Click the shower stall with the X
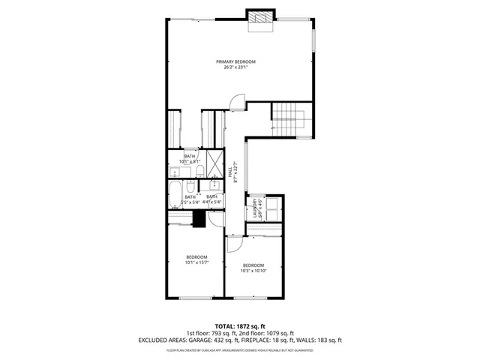(214, 162)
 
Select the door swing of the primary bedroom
(238, 101)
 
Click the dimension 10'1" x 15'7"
(196, 262)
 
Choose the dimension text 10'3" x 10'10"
(253, 271)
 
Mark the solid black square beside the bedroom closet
(199, 218)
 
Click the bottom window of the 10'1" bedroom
(193, 298)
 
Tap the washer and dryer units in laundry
(273, 205)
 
